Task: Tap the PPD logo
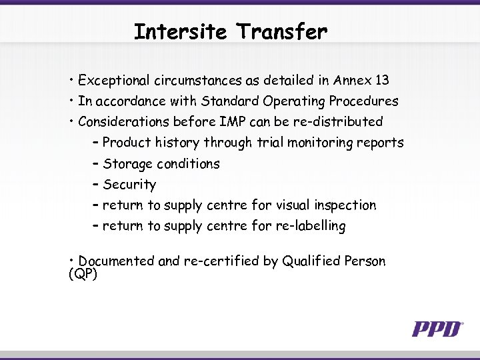[x=437, y=329]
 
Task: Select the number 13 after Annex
[x=382, y=81]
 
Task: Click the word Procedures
[x=365, y=101]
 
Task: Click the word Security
[x=129, y=185]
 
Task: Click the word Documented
[x=117, y=261]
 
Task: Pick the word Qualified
[x=311, y=261]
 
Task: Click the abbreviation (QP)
[x=83, y=274]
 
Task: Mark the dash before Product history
[x=97, y=143]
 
